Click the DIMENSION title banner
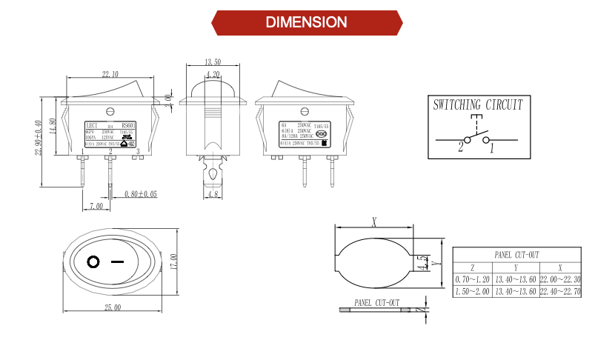[x=307, y=22]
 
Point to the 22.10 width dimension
[x=110, y=74]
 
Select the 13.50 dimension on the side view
[x=213, y=61]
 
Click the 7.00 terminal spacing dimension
[x=96, y=205]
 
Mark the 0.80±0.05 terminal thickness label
[x=141, y=194]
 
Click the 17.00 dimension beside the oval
[x=173, y=261]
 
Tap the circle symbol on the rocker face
[x=93, y=261]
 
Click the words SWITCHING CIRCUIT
[x=478, y=105]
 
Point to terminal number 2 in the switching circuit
[x=460, y=147]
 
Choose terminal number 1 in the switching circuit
[x=492, y=147]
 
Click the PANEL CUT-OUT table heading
[x=516, y=254]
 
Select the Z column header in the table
[x=473, y=267]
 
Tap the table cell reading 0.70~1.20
[x=473, y=279]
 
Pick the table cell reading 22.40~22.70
[x=559, y=292]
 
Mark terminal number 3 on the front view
[x=137, y=152]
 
